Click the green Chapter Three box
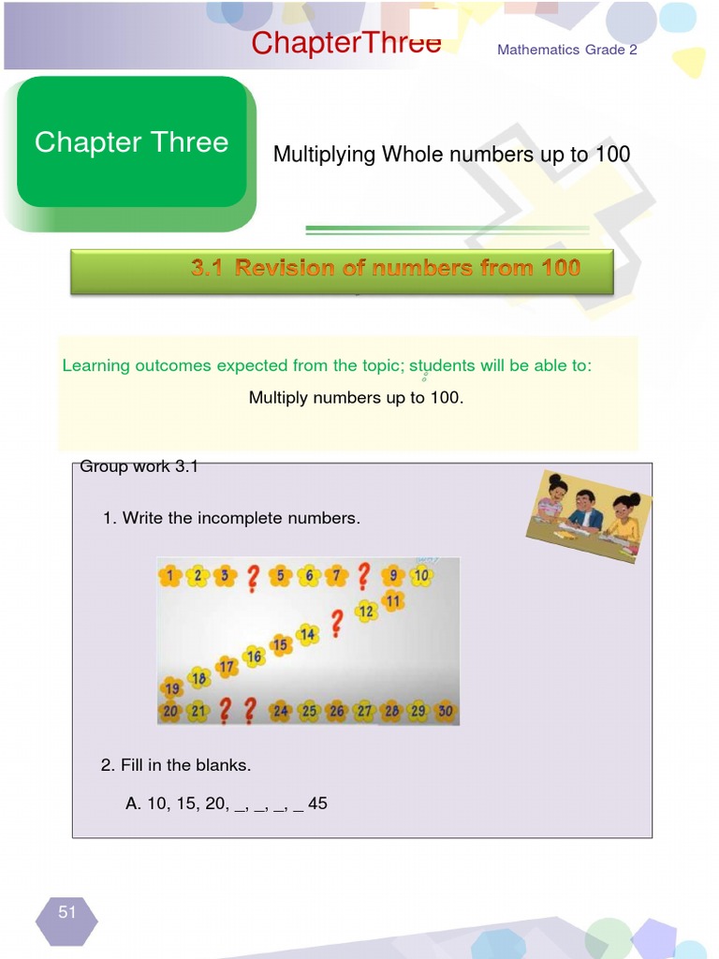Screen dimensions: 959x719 131,142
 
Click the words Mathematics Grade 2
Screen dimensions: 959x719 566,50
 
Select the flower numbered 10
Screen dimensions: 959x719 421,575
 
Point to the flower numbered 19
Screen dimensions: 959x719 171,689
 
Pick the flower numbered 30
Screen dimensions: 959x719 445,711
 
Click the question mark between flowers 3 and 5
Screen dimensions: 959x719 252,578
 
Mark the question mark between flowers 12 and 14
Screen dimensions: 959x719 336,624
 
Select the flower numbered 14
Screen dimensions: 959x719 307,634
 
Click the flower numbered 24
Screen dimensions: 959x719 281,712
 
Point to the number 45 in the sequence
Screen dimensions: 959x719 317,804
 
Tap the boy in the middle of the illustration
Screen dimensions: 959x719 584,510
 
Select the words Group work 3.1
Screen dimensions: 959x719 139,466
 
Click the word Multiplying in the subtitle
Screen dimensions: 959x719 324,155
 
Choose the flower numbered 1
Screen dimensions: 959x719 169,576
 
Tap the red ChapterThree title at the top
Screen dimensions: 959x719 345,43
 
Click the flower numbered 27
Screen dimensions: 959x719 364,712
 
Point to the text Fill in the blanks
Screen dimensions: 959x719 176,765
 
